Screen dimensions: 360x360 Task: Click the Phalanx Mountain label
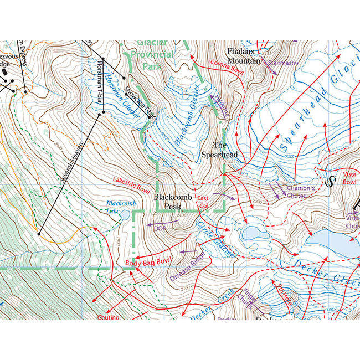pos(244,55)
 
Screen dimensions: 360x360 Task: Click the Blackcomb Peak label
pos(172,202)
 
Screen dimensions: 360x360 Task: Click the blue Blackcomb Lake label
pos(121,207)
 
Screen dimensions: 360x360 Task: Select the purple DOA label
pos(160,227)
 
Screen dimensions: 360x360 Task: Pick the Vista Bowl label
pos(350,178)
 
